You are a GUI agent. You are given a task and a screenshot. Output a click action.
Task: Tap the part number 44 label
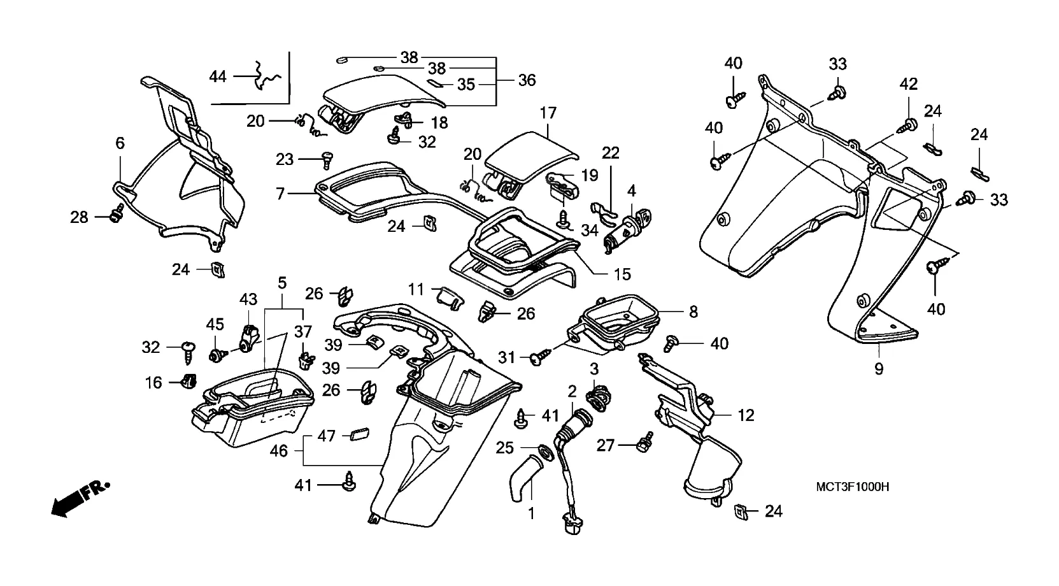pos(218,77)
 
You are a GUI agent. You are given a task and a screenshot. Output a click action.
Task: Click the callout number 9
pos(879,368)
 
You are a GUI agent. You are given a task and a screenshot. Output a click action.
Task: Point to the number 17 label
pos(548,113)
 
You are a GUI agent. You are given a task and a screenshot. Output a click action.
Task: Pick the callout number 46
pos(279,451)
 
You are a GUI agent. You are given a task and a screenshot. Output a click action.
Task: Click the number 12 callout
pos(746,415)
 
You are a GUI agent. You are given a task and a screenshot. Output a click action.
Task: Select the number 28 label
pos(79,218)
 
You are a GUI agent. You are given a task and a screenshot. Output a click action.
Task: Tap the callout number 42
pos(908,83)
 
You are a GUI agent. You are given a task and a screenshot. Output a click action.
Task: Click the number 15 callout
pos(622,274)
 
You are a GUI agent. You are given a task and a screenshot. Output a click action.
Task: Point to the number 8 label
pos(693,311)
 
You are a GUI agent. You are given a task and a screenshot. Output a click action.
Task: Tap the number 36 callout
pos(527,80)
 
